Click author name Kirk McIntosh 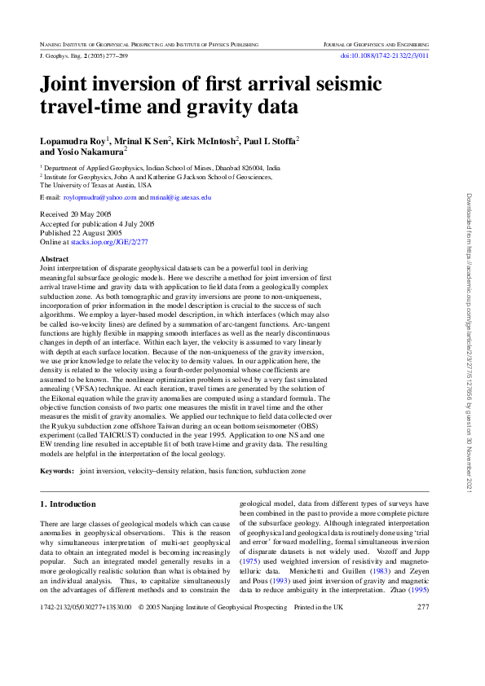coord(206,141)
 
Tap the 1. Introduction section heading coord(68,505)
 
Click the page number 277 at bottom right coord(422,630)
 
